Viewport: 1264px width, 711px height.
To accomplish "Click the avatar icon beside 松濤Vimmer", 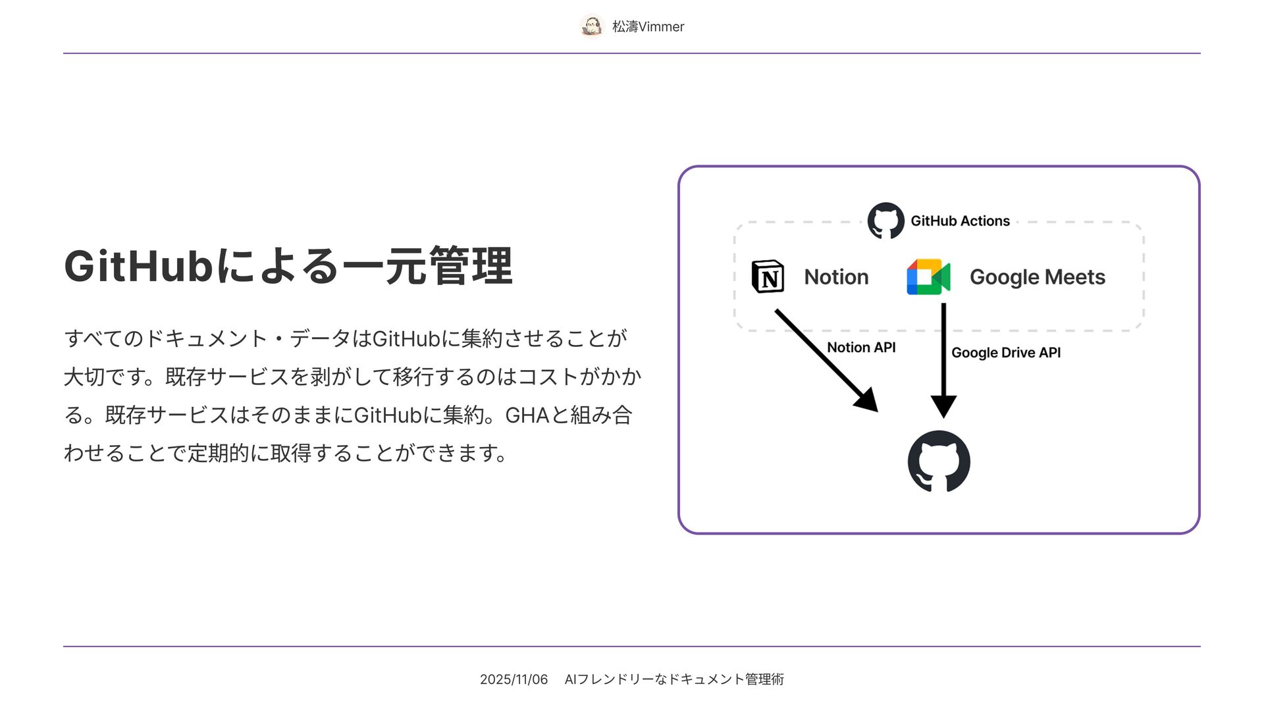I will point(592,26).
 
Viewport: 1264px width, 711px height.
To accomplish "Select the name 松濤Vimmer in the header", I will point(648,26).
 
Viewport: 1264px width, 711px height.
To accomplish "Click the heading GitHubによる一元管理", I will point(288,266).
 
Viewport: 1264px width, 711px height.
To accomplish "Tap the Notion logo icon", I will point(768,276).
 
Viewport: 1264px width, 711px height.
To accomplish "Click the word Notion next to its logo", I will point(836,277).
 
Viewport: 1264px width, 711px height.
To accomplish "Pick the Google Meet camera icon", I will point(928,276).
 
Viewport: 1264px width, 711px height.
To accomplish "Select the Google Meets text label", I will point(1037,277).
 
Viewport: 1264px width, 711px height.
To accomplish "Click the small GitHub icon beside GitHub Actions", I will point(885,221).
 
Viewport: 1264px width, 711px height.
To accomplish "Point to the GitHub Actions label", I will point(960,221).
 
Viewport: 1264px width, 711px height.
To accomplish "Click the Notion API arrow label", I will point(861,348).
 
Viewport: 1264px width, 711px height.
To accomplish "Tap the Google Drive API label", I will point(1006,353).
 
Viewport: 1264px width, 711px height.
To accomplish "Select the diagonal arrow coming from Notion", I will point(826,360).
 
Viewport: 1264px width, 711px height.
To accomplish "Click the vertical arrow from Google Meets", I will point(943,359).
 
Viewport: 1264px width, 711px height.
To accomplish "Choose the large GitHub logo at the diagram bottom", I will point(939,461).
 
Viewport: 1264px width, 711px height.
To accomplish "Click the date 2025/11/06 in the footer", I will point(513,679).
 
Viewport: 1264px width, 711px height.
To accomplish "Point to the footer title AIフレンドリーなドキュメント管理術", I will point(674,679).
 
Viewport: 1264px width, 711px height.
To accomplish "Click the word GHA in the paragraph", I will point(527,415).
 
